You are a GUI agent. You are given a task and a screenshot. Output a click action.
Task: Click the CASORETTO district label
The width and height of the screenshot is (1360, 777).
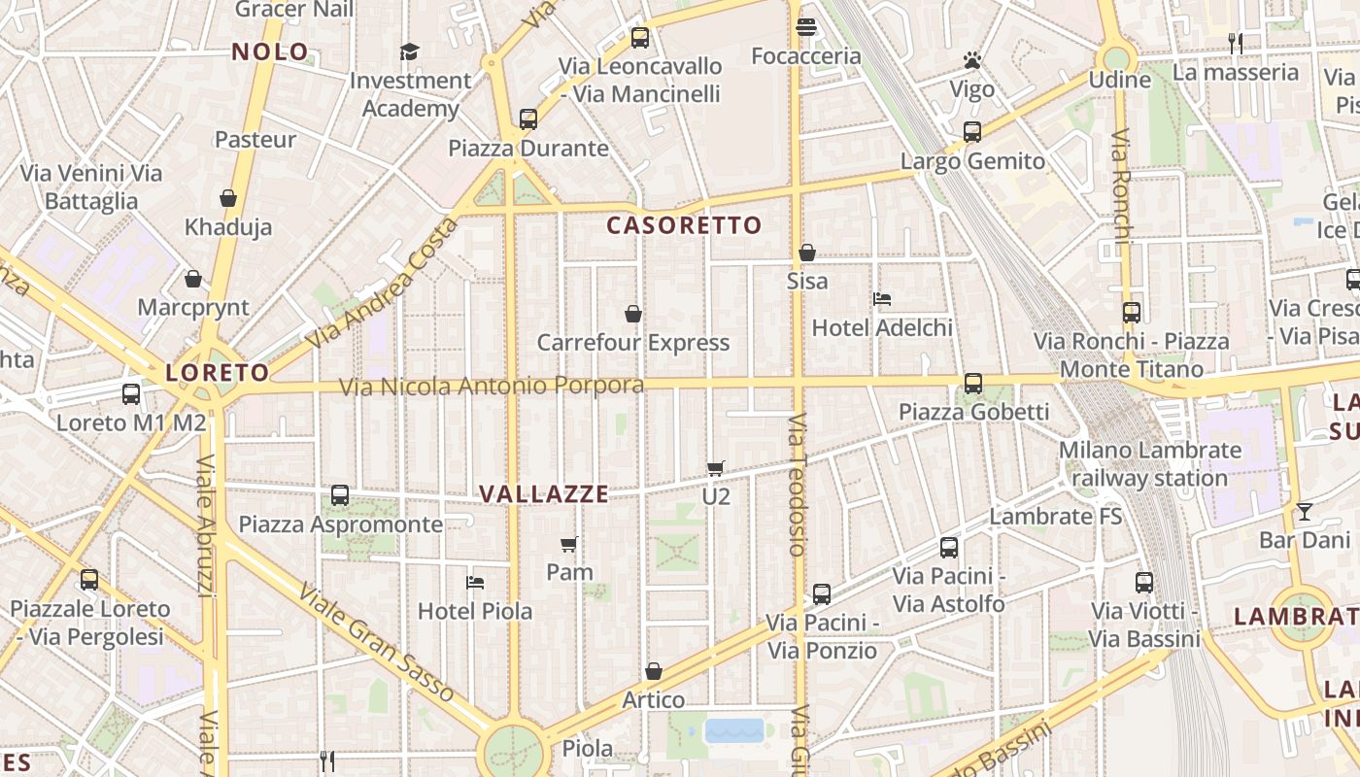[x=684, y=225]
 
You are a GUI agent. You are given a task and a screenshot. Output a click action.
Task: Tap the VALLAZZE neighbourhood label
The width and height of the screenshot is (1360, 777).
[x=544, y=493]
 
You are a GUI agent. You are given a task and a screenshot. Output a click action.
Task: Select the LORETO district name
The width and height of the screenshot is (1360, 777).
[x=217, y=372]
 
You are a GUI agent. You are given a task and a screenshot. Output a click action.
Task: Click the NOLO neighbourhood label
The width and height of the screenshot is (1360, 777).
[x=270, y=51]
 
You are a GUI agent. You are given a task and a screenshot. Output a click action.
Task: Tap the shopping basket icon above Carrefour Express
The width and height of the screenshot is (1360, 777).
[x=633, y=314]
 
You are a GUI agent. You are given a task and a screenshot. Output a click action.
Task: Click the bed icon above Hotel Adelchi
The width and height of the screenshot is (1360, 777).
[x=882, y=299]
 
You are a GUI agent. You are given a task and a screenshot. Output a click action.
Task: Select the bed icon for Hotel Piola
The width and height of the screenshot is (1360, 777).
[x=475, y=583]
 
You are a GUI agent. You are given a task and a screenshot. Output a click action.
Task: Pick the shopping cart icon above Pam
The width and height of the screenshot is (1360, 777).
[x=569, y=544]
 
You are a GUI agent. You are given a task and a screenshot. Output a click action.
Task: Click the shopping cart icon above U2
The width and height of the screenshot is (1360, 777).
[x=716, y=468]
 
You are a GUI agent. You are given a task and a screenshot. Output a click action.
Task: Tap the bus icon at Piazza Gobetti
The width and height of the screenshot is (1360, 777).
[x=973, y=384]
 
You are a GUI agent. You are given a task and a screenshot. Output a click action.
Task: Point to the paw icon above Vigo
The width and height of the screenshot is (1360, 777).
[x=972, y=60]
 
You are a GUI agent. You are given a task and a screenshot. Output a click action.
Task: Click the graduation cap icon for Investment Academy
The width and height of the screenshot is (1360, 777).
[x=410, y=51]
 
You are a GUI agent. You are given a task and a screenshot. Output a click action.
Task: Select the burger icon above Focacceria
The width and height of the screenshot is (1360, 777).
[x=805, y=27]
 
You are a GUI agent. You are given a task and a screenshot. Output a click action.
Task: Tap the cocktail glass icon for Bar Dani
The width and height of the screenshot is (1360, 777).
[x=1304, y=511]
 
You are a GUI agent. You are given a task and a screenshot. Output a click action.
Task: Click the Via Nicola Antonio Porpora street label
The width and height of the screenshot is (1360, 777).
[x=491, y=387]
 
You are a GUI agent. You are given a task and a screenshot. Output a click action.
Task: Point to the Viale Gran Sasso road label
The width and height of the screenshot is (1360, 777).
[x=376, y=642]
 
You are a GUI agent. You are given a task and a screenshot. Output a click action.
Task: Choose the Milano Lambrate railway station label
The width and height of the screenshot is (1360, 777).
[x=1150, y=464]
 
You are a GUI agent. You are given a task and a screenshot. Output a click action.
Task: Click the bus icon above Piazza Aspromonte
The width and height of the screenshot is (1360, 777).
[x=340, y=495]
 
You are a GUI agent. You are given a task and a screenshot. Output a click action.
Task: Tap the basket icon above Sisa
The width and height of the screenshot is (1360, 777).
[x=807, y=253]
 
